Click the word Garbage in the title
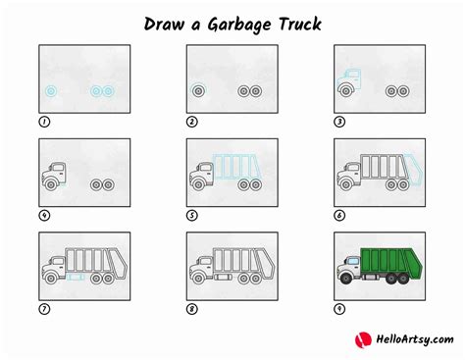point(234,22)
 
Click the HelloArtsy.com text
point(412,339)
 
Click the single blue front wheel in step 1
point(50,91)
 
